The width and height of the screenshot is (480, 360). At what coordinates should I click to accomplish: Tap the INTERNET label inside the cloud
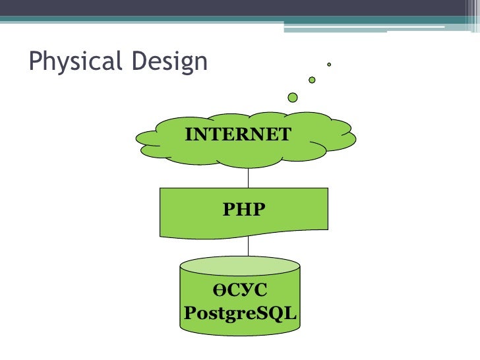238,135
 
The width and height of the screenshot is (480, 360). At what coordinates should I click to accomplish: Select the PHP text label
244,210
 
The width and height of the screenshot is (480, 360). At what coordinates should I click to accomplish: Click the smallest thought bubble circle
328,65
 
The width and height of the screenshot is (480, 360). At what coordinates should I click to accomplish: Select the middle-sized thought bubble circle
312,80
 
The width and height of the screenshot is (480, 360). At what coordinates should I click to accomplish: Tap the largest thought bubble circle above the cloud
293,98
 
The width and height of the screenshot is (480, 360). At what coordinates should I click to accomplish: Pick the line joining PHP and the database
249,246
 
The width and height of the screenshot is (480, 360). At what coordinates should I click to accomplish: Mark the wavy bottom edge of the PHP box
244,233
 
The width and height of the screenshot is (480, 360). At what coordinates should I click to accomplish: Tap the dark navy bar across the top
240,8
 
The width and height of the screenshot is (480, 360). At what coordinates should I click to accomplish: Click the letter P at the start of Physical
34,62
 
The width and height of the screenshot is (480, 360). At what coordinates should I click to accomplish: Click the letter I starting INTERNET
189,135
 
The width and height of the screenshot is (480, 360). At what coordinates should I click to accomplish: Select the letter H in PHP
244,210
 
